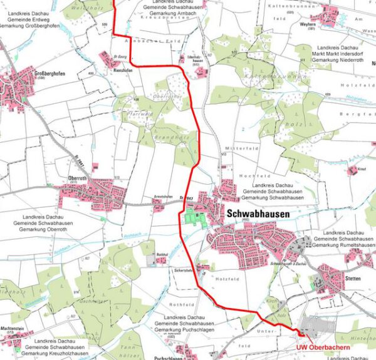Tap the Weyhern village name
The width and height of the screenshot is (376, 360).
(x=325, y=24)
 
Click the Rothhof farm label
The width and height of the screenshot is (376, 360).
(x=162, y=254)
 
